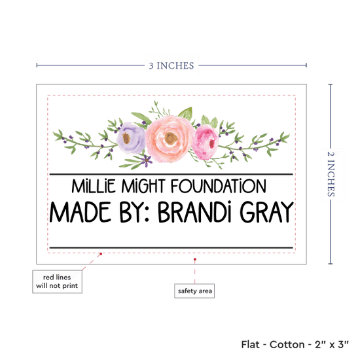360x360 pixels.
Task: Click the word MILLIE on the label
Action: point(94,186)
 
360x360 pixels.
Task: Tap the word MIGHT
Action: point(143,186)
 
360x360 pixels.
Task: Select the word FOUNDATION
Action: point(219,186)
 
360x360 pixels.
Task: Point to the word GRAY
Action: point(267,211)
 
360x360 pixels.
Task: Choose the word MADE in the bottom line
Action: point(81,211)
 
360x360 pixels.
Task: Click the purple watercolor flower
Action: point(131,137)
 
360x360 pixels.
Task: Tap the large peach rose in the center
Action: point(170,139)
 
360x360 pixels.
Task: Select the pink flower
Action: point(206,142)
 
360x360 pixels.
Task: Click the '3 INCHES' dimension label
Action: point(171,65)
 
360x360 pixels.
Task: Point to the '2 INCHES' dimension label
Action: point(331,174)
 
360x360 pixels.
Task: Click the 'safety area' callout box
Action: point(194,291)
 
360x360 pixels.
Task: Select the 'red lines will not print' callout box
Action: point(57,281)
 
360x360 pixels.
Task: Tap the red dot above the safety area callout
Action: point(194,259)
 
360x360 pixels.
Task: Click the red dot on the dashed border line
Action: point(101,254)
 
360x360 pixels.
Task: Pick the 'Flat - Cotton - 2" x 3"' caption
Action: point(295,344)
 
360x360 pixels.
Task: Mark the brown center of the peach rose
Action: point(171,139)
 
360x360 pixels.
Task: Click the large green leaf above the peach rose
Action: point(185,113)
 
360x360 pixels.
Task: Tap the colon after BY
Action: point(147,216)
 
